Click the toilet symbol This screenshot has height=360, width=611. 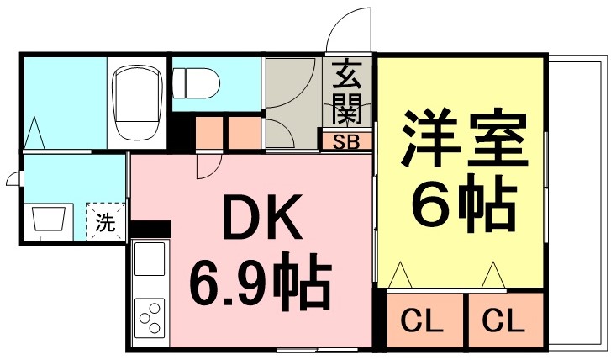196,83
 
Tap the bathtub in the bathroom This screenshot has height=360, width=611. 137,103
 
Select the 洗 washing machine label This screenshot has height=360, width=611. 105,223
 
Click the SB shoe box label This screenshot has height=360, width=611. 346,142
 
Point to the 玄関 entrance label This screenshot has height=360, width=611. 346,92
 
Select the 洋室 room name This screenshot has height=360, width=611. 464,140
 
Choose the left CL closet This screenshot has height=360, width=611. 425,319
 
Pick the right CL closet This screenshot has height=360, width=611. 506,319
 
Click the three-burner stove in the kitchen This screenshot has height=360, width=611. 150,318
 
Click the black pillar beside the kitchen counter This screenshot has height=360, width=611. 150,229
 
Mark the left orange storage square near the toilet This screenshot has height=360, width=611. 209,133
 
